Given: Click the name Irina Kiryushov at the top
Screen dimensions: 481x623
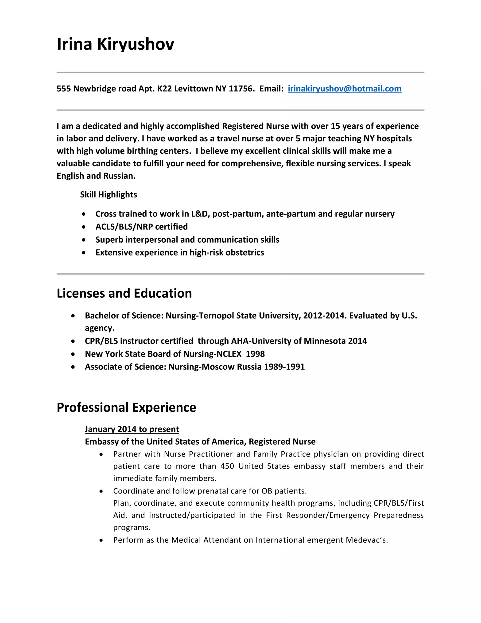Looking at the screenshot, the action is click(115, 44).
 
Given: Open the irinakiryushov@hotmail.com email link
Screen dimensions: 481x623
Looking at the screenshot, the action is click(344, 89).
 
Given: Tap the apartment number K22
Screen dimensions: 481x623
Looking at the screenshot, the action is click(164, 89).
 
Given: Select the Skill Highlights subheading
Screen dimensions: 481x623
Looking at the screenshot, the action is click(108, 195).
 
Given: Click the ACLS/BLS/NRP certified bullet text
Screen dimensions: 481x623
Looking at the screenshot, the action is click(142, 227).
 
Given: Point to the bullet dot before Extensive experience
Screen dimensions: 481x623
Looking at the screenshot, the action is click(83, 253).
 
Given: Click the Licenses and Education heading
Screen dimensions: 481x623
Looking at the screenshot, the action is click(124, 293).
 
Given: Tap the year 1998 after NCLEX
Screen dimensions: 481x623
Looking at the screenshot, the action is click(255, 354).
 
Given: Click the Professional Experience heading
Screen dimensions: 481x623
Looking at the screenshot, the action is click(126, 407).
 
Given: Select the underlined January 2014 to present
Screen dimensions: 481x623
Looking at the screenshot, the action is click(132, 429).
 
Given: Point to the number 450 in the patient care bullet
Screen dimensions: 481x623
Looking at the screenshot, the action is click(227, 466).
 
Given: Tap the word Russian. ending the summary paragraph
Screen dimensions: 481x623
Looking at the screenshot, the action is click(119, 176).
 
